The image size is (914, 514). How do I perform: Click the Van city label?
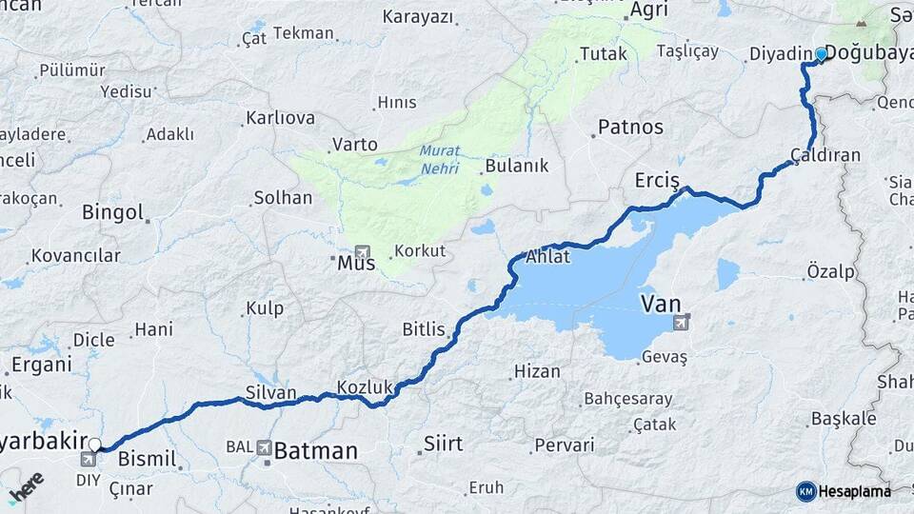click(x=662, y=304)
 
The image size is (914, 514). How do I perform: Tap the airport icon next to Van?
click(x=681, y=322)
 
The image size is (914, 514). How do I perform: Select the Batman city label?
click(x=316, y=450)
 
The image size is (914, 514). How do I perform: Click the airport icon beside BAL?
click(x=263, y=448)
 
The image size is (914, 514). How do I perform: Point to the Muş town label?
click(x=350, y=263)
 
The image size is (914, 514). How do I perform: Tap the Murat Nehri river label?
click(x=439, y=160)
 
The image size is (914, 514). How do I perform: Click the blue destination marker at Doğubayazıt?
click(x=821, y=54)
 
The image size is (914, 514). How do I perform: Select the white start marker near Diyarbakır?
click(x=94, y=445)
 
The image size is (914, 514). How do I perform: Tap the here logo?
click(x=26, y=485)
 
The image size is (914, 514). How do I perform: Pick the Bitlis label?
click(x=424, y=329)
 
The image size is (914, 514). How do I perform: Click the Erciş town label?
click(x=657, y=181)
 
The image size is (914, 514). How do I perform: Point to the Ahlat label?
click(x=547, y=256)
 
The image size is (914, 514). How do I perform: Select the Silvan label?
click(x=270, y=392)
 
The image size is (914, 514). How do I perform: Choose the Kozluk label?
click(x=365, y=387)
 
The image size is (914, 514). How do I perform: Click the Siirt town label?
click(x=443, y=444)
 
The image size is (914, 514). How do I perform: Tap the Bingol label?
click(x=112, y=211)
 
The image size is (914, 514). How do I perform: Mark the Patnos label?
click(x=630, y=127)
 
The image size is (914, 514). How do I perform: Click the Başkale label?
click(x=844, y=418)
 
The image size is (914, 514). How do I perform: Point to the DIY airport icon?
click(x=89, y=460)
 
